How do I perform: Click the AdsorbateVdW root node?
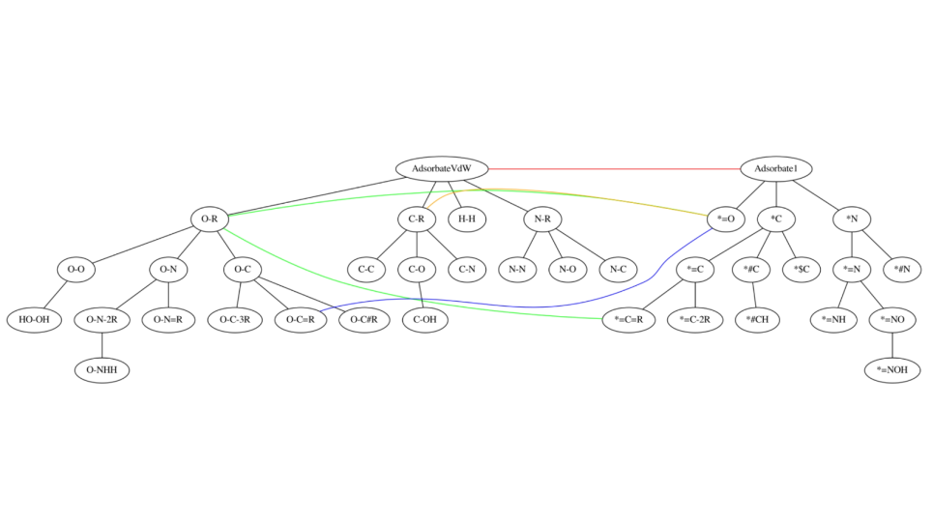pyautogui.click(x=443, y=169)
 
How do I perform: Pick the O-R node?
pyautogui.click(x=210, y=219)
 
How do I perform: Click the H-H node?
pyautogui.click(x=467, y=219)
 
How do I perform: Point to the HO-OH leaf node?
pyautogui.click(x=34, y=319)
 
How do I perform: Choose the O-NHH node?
pyautogui.click(x=102, y=369)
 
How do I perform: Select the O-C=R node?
pyautogui.click(x=301, y=319)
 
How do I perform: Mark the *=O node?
pyautogui.click(x=725, y=219)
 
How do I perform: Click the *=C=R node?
pyautogui.click(x=629, y=319)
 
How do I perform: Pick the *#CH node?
pyautogui.click(x=755, y=319)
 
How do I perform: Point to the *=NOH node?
pyautogui.click(x=891, y=369)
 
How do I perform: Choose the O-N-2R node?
pyautogui.click(x=102, y=319)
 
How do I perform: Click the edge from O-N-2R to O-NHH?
pyautogui.click(x=102, y=344)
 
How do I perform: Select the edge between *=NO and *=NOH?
pyautogui.click(x=891, y=344)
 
